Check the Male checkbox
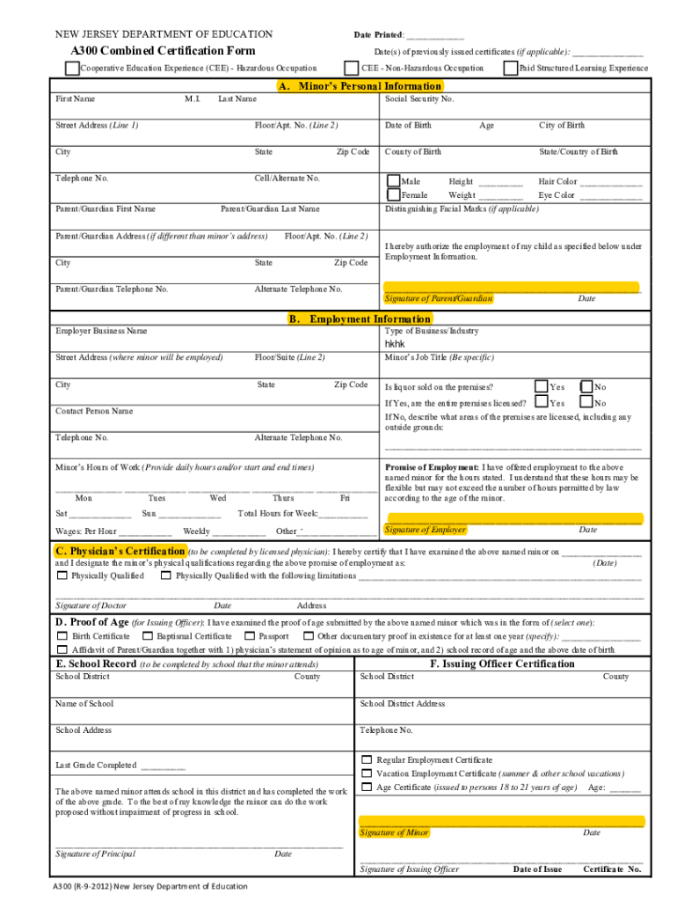393,181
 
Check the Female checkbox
393,194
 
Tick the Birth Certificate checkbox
62,636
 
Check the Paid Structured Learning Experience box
511,68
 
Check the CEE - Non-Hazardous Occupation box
352,68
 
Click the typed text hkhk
395,345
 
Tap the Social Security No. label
419,99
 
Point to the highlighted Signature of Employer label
426,530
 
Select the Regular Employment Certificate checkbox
367,759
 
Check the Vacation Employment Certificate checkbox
367,773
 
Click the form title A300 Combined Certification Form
163,51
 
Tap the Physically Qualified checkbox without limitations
62,576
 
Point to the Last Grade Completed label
96,765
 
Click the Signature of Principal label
95,853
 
